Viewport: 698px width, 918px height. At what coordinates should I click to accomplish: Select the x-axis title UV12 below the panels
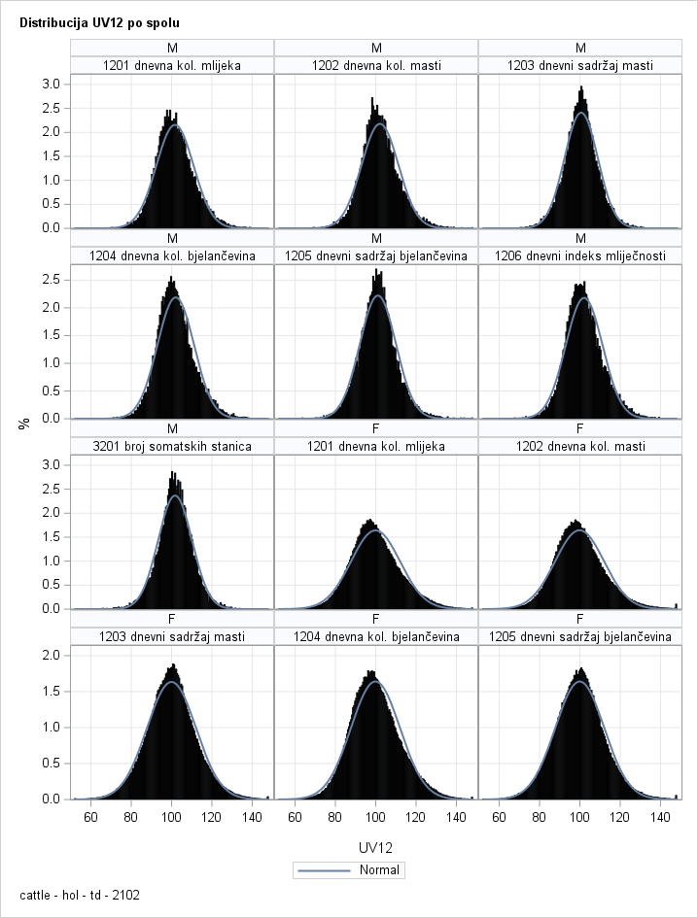click(x=375, y=847)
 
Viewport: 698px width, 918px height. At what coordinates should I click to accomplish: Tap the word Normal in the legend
click(x=378, y=869)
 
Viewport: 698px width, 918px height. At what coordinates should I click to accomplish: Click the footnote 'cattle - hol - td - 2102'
click(x=80, y=895)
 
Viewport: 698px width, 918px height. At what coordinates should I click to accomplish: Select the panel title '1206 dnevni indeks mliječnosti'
click(x=580, y=255)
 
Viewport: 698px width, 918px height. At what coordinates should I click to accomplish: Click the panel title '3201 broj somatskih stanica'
click(x=172, y=446)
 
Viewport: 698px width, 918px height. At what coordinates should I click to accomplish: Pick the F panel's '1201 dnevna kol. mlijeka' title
click(x=376, y=446)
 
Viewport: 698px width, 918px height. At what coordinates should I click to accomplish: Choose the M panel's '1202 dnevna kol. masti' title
click(x=376, y=65)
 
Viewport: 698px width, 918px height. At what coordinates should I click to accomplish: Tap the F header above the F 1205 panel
click(x=580, y=618)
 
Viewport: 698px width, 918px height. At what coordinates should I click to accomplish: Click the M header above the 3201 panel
click(x=172, y=427)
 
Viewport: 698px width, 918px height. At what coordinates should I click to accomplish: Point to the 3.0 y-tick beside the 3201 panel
click(x=51, y=464)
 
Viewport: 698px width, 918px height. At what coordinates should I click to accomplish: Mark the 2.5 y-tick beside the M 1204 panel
click(x=51, y=280)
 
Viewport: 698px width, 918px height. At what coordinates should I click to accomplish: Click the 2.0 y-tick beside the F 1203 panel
click(x=51, y=655)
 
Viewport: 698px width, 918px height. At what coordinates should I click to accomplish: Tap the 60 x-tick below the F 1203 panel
click(x=91, y=817)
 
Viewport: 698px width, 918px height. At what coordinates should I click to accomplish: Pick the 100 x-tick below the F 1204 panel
click(x=375, y=817)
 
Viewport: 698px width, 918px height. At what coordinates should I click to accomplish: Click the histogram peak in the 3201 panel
click(x=173, y=474)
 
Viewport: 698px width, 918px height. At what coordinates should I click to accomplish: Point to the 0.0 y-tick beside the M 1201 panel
click(x=51, y=228)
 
